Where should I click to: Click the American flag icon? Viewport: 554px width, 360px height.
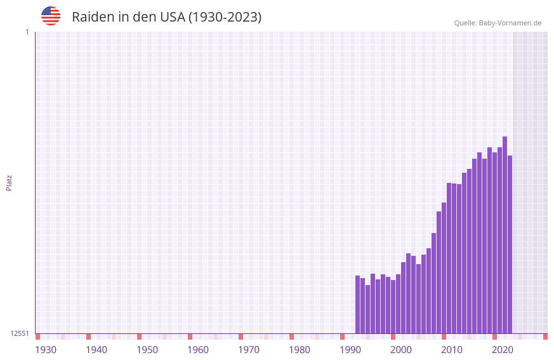51,16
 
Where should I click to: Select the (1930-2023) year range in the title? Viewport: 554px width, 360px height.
225,17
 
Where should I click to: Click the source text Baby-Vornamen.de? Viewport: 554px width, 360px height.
510,23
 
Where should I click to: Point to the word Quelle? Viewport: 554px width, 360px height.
465,23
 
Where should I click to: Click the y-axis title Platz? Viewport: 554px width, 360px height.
9,182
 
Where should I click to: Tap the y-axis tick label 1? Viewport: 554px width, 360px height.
27,32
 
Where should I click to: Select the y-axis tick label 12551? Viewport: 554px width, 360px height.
20,333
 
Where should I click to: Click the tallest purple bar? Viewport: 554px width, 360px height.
505,235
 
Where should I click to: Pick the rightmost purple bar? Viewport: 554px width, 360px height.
510,244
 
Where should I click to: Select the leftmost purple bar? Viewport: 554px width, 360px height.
357,305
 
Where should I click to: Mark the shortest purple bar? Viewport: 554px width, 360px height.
367,309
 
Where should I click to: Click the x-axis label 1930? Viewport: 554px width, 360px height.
46,350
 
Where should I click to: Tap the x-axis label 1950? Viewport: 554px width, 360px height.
147,350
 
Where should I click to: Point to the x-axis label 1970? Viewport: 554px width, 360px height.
249,350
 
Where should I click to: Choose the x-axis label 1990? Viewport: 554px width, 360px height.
350,350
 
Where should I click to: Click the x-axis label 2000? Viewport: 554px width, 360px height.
401,350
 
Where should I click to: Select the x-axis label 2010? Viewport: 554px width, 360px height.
452,350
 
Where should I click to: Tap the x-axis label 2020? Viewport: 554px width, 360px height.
503,350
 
